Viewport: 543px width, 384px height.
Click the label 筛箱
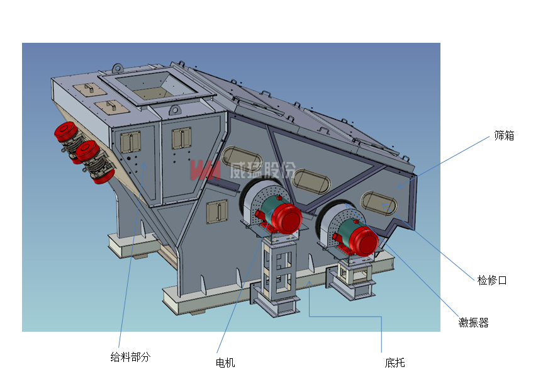click(x=504, y=135)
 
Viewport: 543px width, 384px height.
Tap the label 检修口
click(x=492, y=280)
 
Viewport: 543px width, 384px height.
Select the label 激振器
click(x=473, y=323)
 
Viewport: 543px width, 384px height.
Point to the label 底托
click(x=395, y=363)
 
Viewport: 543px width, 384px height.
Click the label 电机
click(x=225, y=363)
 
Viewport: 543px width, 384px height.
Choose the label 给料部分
click(x=130, y=357)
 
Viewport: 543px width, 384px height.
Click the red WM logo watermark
click(x=205, y=170)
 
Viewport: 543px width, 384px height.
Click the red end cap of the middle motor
click(x=288, y=218)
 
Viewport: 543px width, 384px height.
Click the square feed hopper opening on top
click(x=155, y=88)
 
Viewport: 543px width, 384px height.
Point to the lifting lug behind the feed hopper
click(x=118, y=67)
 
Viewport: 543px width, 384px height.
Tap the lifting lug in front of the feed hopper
click(x=174, y=111)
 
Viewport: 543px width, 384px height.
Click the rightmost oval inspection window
click(x=379, y=203)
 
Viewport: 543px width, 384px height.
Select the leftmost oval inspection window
click(x=242, y=159)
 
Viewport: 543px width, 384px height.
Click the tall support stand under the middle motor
click(x=277, y=274)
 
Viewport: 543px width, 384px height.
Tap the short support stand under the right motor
click(x=353, y=277)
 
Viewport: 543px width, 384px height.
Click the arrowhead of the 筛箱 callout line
click(x=398, y=187)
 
